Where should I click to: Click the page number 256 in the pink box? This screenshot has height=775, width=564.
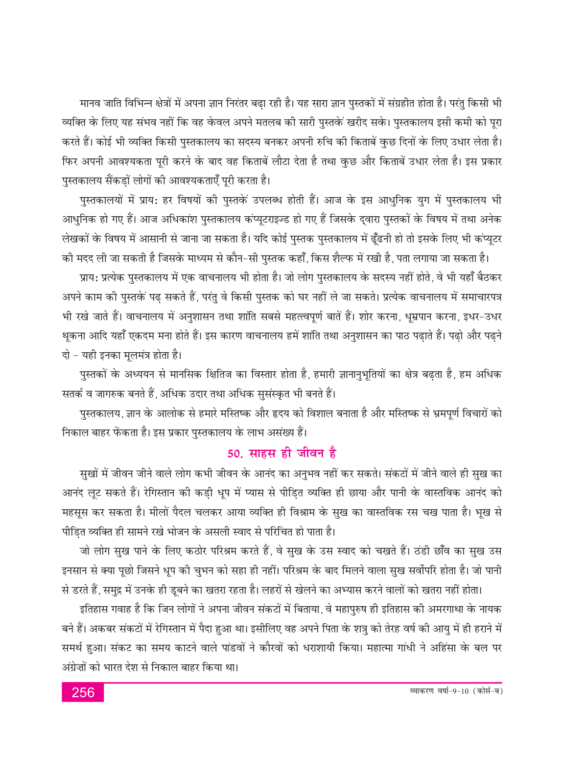pyautogui.click(x=83, y=693)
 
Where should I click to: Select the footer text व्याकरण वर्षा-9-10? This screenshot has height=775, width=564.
pyautogui.click(x=439, y=691)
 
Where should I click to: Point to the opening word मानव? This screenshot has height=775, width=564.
pyautogui.click(x=91, y=104)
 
